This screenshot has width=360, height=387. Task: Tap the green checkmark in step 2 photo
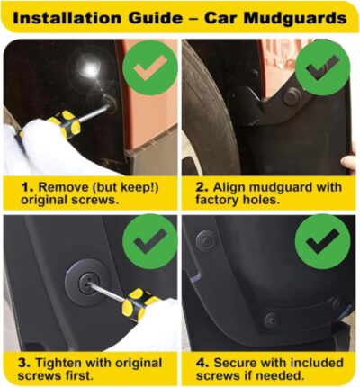coord(321,66)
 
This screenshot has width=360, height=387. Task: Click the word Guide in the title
coord(156,16)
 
